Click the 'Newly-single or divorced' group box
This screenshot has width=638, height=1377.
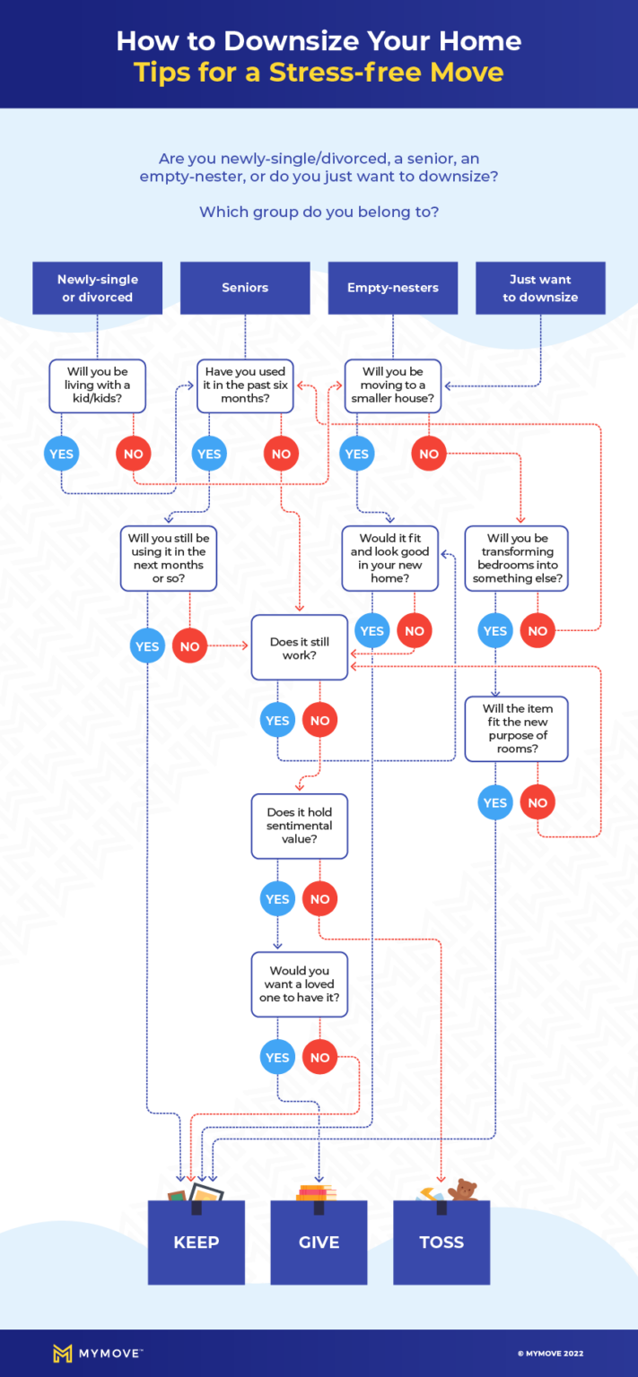pyautogui.click(x=97, y=288)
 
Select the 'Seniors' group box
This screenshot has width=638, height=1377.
pyautogui.click(x=245, y=288)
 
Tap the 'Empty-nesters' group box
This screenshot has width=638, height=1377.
pyautogui.click(x=393, y=288)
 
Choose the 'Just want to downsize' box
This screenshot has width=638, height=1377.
pyautogui.click(x=540, y=288)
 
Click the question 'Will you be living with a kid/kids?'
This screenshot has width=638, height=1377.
pyautogui.click(x=97, y=385)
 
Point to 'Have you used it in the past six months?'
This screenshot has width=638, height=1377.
pyautogui.click(x=245, y=385)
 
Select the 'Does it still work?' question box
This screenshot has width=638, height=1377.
pyautogui.click(x=300, y=648)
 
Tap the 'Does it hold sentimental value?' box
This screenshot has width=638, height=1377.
pyautogui.click(x=300, y=826)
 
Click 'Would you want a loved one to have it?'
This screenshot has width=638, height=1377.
pyautogui.click(x=300, y=984)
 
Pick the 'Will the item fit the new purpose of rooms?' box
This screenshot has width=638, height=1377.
pyautogui.click(x=516, y=729)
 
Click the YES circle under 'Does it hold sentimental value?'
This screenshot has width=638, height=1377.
pyautogui.click(x=277, y=899)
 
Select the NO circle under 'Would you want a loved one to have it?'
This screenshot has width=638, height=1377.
pyautogui.click(x=320, y=1058)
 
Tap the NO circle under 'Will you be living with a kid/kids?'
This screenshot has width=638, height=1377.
pyautogui.click(x=134, y=454)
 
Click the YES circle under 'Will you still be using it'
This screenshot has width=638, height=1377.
pyautogui.click(x=147, y=646)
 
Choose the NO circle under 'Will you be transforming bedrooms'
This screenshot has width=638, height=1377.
pyautogui.click(x=537, y=631)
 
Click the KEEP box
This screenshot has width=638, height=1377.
pyautogui.click(x=197, y=1243)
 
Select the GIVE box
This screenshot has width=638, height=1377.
pyautogui.click(x=319, y=1243)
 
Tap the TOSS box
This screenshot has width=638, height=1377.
pyautogui.click(x=441, y=1243)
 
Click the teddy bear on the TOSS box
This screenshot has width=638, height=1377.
pyautogui.click(x=463, y=1191)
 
